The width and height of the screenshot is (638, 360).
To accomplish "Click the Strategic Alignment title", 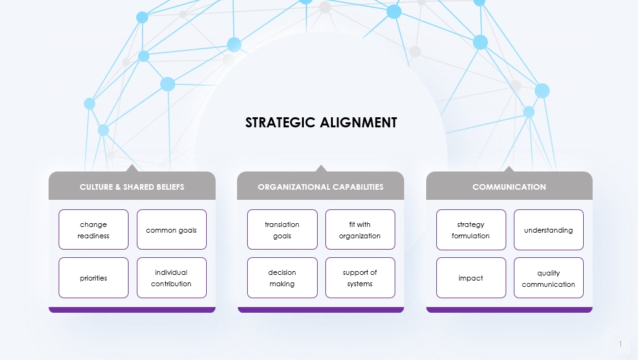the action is pyautogui.click(x=321, y=122).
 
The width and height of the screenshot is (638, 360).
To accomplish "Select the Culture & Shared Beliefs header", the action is pyautogui.click(x=132, y=186).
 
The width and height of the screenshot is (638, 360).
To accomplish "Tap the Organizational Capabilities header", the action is pyautogui.click(x=321, y=186).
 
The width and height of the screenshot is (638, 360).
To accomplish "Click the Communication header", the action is pyautogui.click(x=509, y=186).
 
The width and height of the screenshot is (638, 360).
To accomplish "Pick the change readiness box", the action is pyautogui.click(x=93, y=229).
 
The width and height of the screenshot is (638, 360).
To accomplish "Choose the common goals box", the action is pyautogui.click(x=171, y=229).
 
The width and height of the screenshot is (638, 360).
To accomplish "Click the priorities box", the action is pyautogui.click(x=93, y=278).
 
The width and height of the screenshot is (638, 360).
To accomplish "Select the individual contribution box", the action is pyautogui.click(x=171, y=278).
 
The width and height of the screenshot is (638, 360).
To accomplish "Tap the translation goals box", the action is pyautogui.click(x=282, y=229).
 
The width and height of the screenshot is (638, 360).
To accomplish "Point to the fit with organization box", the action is pyautogui.click(x=360, y=229).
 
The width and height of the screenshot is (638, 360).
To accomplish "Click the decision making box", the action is pyautogui.click(x=282, y=278).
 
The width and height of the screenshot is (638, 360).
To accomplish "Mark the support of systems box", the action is pyautogui.click(x=360, y=278).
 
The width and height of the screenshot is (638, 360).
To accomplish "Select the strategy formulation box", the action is pyautogui.click(x=471, y=229).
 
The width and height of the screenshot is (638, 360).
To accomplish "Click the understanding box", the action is pyautogui.click(x=549, y=229).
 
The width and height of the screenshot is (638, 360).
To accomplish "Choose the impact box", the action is pyautogui.click(x=471, y=278).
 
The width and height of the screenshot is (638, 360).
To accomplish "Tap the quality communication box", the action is pyautogui.click(x=549, y=278).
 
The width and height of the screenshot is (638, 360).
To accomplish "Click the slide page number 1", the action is pyautogui.click(x=620, y=344).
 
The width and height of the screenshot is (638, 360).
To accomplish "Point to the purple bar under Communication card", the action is pyautogui.click(x=509, y=310).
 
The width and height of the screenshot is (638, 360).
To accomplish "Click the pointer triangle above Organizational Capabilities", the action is pyautogui.click(x=321, y=168).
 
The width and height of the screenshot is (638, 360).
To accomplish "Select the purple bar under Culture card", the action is pyautogui.click(x=132, y=310).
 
